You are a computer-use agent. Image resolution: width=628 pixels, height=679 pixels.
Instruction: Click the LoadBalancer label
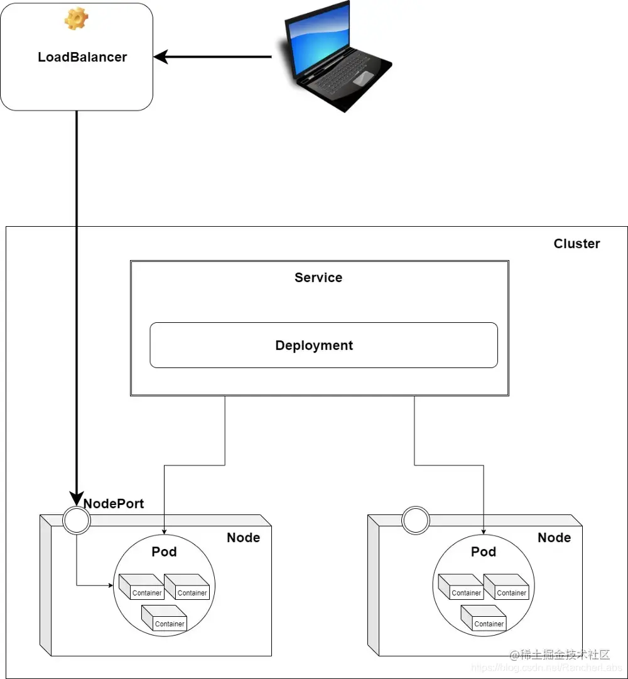click(82, 57)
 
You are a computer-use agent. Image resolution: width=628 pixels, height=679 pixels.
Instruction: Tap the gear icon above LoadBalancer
click(76, 19)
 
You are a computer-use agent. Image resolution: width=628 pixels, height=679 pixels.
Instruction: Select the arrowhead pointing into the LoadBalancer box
click(161, 57)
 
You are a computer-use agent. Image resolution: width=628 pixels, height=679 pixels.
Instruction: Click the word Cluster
click(577, 244)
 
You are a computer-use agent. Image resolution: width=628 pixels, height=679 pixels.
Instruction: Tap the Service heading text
click(318, 278)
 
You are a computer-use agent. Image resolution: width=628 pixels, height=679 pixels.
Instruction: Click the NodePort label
click(114, 503)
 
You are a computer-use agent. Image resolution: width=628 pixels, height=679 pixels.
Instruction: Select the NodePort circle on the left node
click(77, 521)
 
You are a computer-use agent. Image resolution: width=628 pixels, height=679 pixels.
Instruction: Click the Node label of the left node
click(243, 538)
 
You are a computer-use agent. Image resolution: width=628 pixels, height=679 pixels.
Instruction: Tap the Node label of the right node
click(554, 538)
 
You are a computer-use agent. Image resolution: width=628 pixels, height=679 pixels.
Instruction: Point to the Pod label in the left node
click(164, 551)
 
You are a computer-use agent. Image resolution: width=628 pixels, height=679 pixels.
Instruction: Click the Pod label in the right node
click(484, 551)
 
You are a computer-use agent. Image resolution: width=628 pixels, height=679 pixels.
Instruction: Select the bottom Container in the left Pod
click(165, 618)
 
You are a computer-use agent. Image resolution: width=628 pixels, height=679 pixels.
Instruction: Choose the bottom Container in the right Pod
click(484, 618)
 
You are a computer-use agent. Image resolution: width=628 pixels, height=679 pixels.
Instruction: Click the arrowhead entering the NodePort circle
click(77, 500)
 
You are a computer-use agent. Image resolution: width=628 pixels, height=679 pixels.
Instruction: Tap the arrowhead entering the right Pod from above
click(484, 531)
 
